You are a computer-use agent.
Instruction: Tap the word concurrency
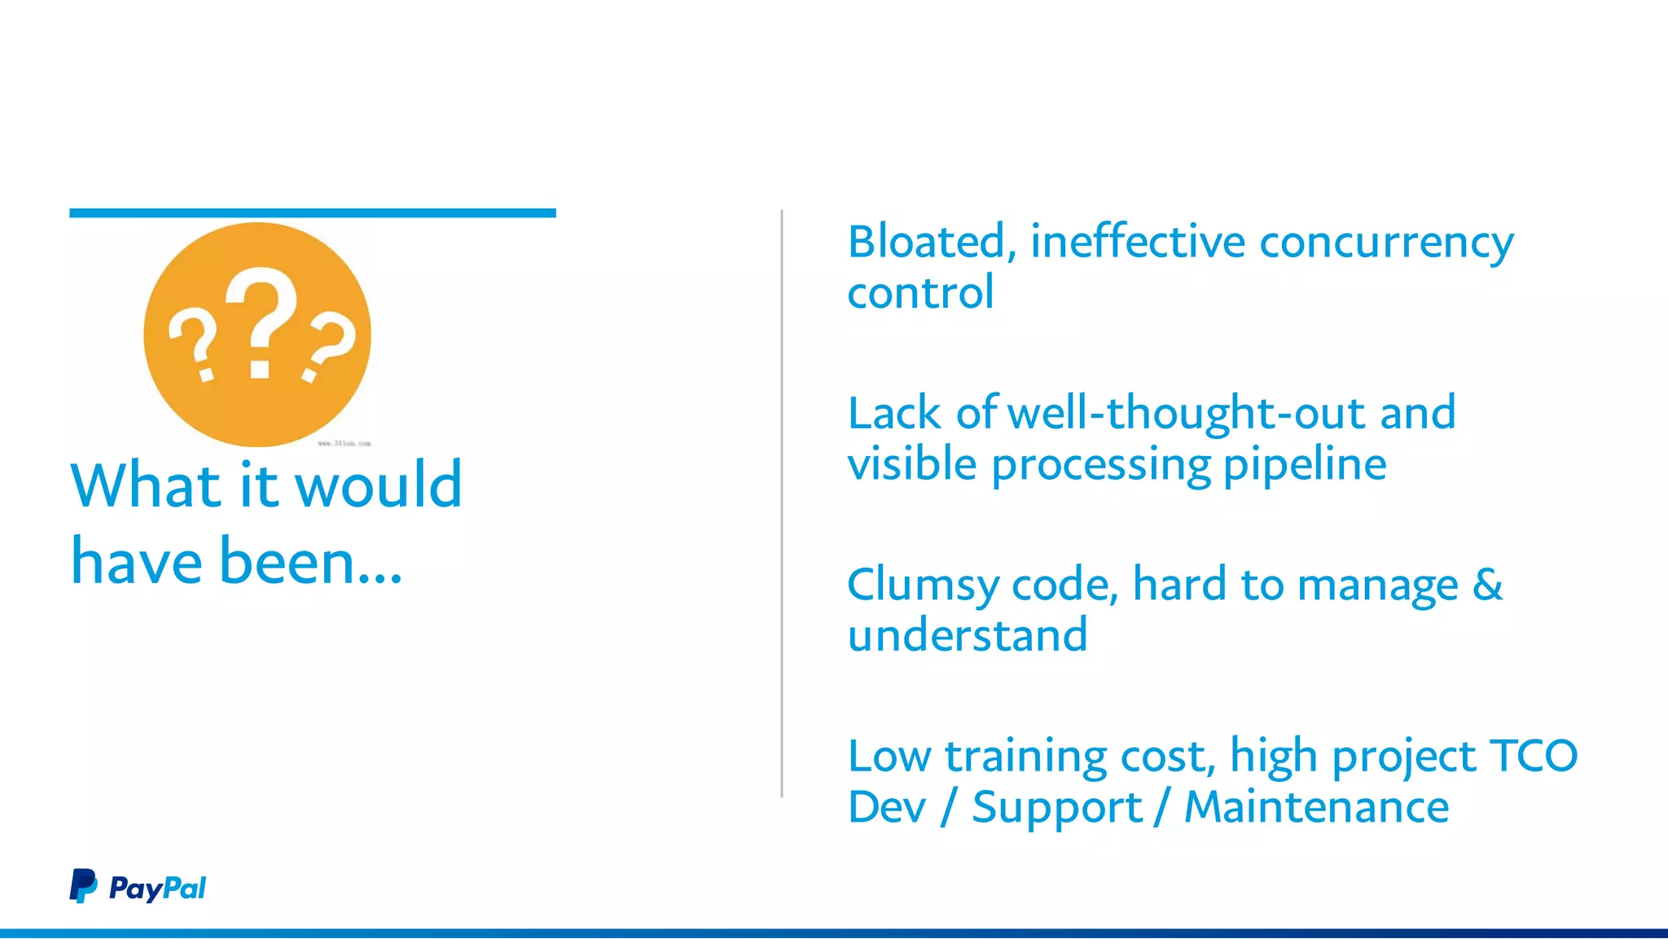(x=1386, y=244)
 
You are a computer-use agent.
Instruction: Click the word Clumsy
(x=923, y=586)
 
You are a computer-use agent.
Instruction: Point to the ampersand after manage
(x=1487, y=584)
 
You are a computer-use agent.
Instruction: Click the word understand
(x=967, y=635)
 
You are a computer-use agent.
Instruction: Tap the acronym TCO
(x=1533, y=756)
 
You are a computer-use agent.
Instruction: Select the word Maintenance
(x=1316, y=807)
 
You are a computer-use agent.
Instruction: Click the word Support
(x=1056, y=809)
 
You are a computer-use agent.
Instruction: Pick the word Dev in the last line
(x=887, y=807)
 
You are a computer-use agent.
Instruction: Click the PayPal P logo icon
(x=82, y=886)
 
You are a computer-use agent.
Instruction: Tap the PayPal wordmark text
(x=157, y=888)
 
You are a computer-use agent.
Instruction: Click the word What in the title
(x=145, y=485)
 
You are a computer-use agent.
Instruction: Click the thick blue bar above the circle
(x=312, y=213)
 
